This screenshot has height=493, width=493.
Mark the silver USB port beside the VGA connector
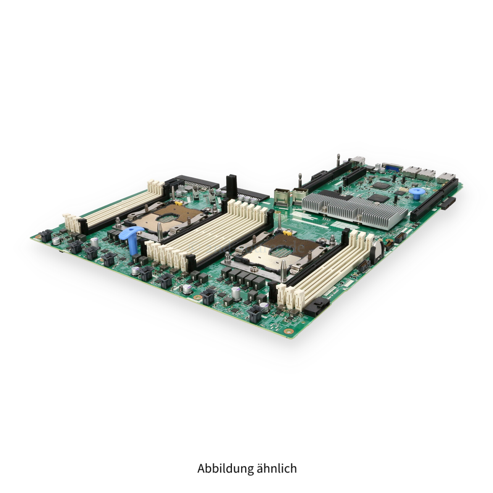pos(357,162)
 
